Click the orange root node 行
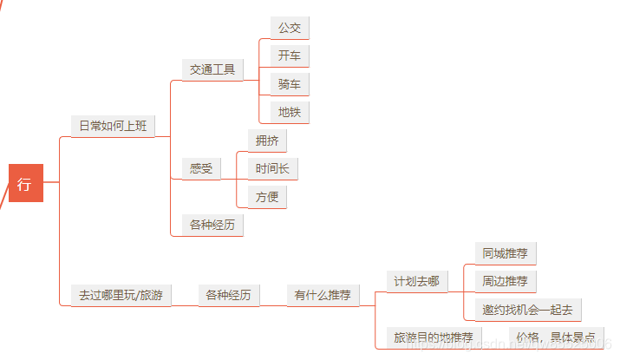24,183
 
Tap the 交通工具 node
212,69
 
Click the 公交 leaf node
290,28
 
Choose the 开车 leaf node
290,56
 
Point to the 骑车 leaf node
290,85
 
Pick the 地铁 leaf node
290,112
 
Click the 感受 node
201,168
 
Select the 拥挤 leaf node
267,140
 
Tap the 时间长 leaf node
272,168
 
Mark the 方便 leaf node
267,197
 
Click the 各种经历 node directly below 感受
212,226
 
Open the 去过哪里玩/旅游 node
121,296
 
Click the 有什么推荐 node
323,296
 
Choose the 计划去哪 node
416,281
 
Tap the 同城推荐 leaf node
506,253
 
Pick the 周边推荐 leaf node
506,281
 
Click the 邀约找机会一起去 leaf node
529,310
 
